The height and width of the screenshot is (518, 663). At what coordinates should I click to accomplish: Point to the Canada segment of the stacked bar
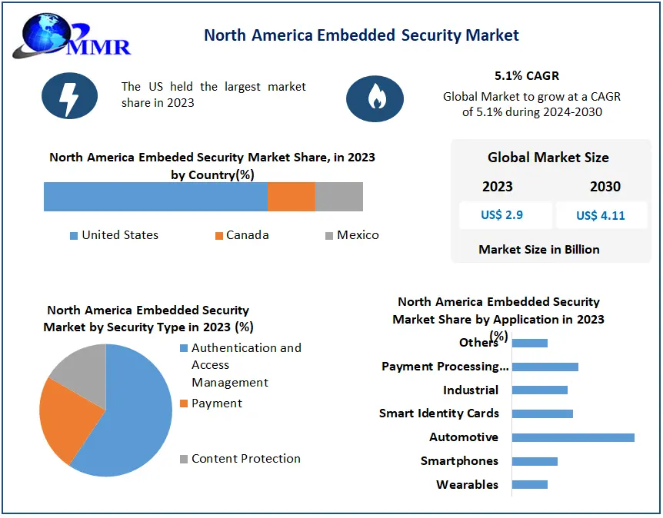292,197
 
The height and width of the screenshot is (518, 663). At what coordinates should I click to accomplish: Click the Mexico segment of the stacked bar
339,197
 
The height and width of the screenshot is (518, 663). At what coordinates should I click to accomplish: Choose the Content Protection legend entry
245,459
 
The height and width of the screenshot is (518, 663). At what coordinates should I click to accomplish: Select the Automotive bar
573,437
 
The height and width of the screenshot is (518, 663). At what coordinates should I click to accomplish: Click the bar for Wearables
529,485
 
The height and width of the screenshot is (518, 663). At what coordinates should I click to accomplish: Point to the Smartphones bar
535,461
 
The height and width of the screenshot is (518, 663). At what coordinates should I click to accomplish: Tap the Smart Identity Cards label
439,413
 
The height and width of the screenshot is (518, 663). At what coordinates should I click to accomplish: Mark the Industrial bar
539,390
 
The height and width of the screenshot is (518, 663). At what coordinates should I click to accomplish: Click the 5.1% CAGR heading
527,76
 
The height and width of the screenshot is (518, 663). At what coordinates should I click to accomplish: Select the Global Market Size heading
548,158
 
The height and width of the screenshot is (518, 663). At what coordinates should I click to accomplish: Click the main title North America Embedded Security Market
361,35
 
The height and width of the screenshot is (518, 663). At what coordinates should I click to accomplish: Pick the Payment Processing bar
545,367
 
